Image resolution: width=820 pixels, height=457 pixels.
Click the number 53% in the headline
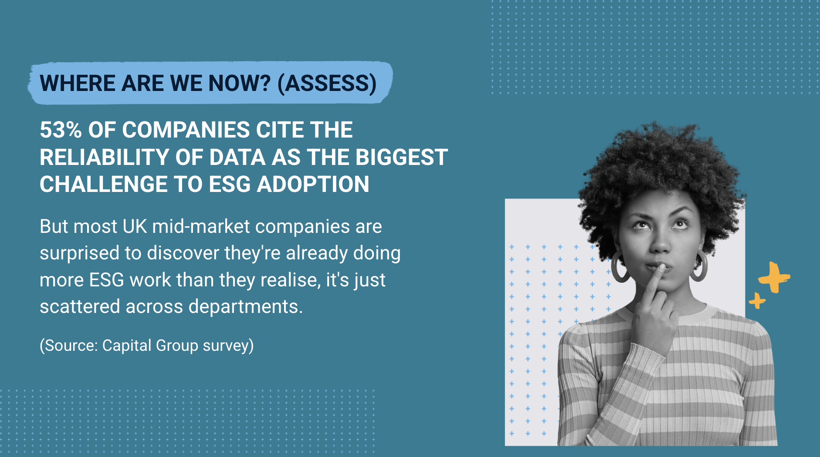[61, 130]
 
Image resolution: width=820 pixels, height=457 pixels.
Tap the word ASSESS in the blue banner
[327, 83]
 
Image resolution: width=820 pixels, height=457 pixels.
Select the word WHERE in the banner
[77, 83]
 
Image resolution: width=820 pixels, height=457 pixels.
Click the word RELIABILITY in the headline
[104, 157]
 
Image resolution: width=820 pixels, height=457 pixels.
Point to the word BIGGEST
[402, 157]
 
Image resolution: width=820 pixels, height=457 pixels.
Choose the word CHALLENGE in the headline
[104, 184]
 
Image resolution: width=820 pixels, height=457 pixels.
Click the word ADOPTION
[313, 184]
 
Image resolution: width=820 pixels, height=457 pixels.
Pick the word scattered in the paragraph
[80, 307]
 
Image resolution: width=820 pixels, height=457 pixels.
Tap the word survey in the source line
[228, 346]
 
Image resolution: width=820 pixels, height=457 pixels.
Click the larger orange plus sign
[774, 277]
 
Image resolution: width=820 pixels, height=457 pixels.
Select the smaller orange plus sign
[757, 300]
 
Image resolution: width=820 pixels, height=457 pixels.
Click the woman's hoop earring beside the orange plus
[699, 266]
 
